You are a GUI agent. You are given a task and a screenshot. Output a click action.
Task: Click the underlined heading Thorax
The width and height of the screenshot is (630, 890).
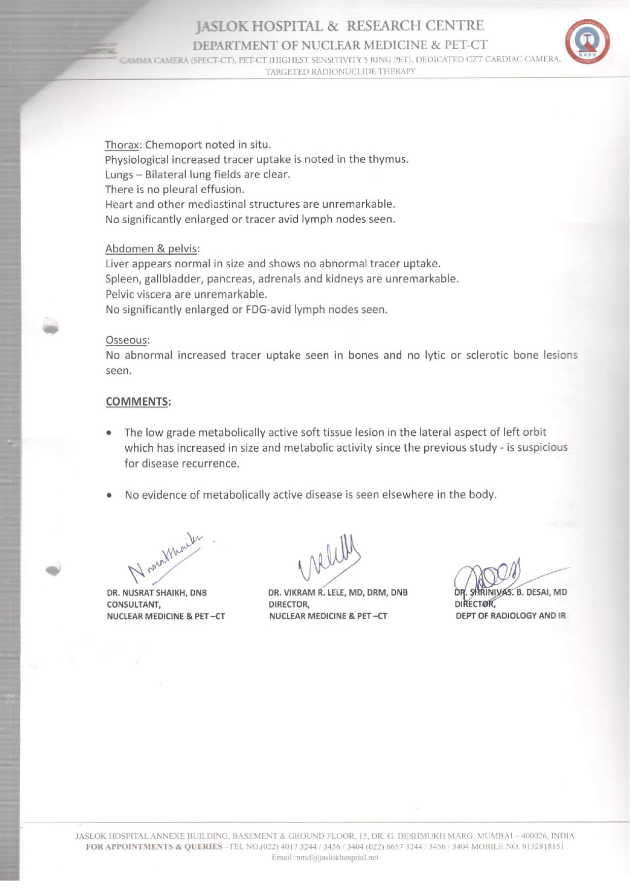click(x=122, y=145)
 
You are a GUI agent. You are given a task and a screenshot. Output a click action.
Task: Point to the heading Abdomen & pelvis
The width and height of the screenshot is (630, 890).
click(x=152, y=249)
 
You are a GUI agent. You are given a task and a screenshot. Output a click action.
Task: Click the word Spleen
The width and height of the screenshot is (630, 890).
click(x=122, y=279)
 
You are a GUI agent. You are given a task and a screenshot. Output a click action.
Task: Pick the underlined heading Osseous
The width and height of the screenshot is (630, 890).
click(x=127, y=340)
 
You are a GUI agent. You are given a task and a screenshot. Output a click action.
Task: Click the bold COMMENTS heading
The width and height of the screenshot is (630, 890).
click(x=137, y=402)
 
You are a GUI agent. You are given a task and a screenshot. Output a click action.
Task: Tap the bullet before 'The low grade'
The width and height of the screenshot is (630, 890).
click(x=109, y=433)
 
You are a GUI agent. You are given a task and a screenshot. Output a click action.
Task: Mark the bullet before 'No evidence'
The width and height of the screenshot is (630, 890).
click(x=109, y=495)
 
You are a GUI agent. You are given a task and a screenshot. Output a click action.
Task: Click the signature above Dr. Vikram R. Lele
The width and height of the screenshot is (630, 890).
click(x=330, y=558)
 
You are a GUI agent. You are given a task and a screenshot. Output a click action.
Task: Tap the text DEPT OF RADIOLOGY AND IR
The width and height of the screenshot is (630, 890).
click(x=510, y=616)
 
